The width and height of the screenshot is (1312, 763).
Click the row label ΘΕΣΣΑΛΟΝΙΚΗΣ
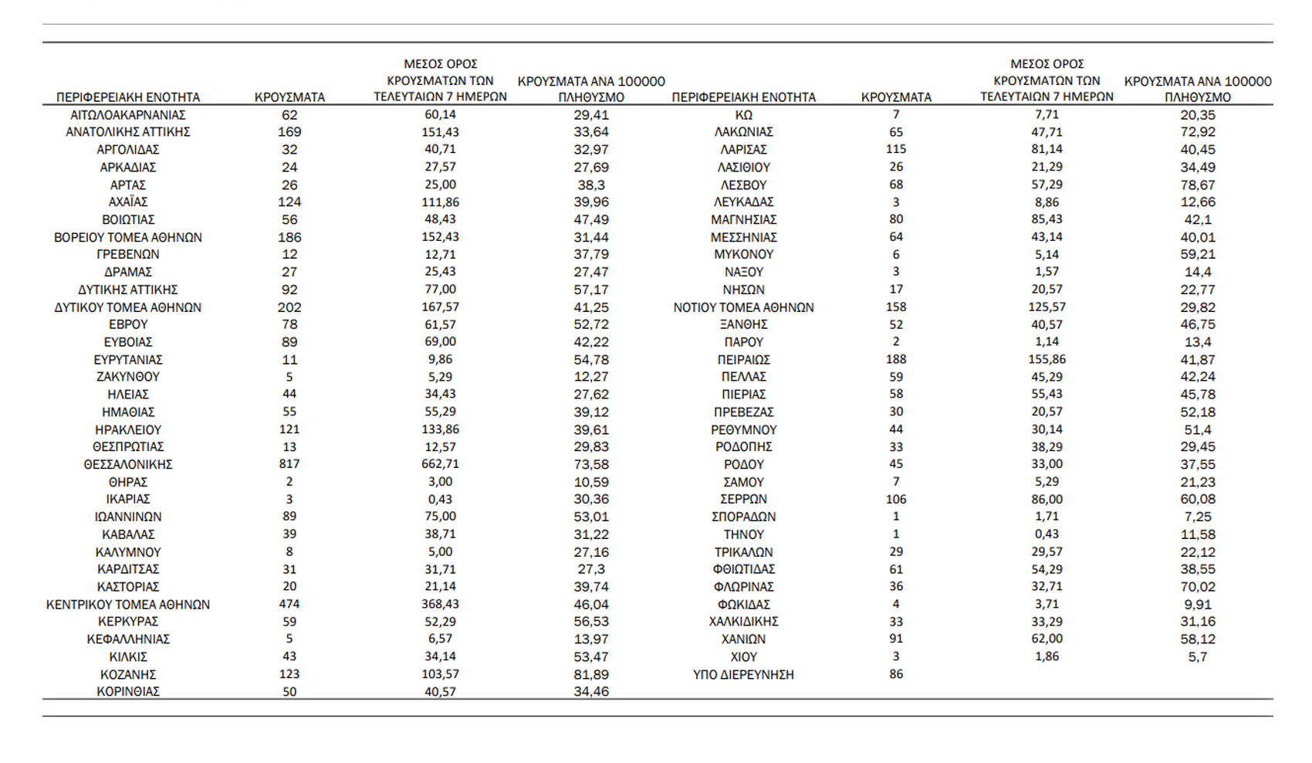128,464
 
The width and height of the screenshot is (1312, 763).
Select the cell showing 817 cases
289,464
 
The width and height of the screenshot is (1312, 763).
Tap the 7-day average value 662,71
440,464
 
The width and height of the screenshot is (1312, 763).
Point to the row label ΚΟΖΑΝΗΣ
128,674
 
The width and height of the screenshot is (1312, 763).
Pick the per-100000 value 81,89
591,674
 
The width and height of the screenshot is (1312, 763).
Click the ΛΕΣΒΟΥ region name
743,185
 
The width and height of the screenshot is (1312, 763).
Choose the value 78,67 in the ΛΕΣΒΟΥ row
1198,185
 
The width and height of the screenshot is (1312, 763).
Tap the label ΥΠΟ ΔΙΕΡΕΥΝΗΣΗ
743,674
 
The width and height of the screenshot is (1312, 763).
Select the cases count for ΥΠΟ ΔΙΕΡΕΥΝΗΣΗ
896,674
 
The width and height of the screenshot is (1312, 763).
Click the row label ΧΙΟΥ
743,656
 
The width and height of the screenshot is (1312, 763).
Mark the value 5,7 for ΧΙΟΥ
1198,656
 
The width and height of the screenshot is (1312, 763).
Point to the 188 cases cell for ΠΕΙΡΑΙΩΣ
896,359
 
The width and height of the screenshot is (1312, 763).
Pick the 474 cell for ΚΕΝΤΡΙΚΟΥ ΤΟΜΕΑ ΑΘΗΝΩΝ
289,604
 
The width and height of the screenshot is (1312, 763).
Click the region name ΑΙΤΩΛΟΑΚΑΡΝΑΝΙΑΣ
128,115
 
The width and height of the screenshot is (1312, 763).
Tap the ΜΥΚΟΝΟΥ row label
743,254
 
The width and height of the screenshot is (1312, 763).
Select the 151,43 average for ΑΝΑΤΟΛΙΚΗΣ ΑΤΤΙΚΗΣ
440,132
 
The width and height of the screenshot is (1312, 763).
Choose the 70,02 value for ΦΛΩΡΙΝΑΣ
1198,587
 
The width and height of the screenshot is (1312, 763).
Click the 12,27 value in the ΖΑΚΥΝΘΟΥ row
591,377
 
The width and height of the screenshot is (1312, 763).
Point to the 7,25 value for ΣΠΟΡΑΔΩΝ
1198,517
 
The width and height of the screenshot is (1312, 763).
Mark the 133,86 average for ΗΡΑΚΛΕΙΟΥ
440,429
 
